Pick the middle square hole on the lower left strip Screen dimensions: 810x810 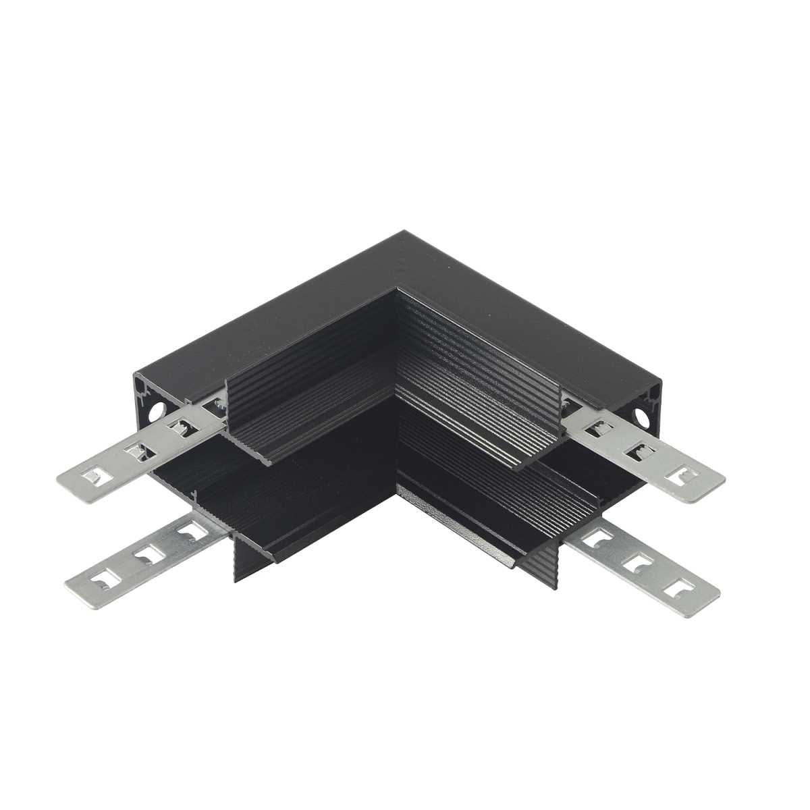pyautogui.click(x=144, y=556)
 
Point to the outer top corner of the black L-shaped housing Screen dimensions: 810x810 pyautogui.click(x=405, y=233)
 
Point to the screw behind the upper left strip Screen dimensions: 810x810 pyautogui.click(x=217, y=405)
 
